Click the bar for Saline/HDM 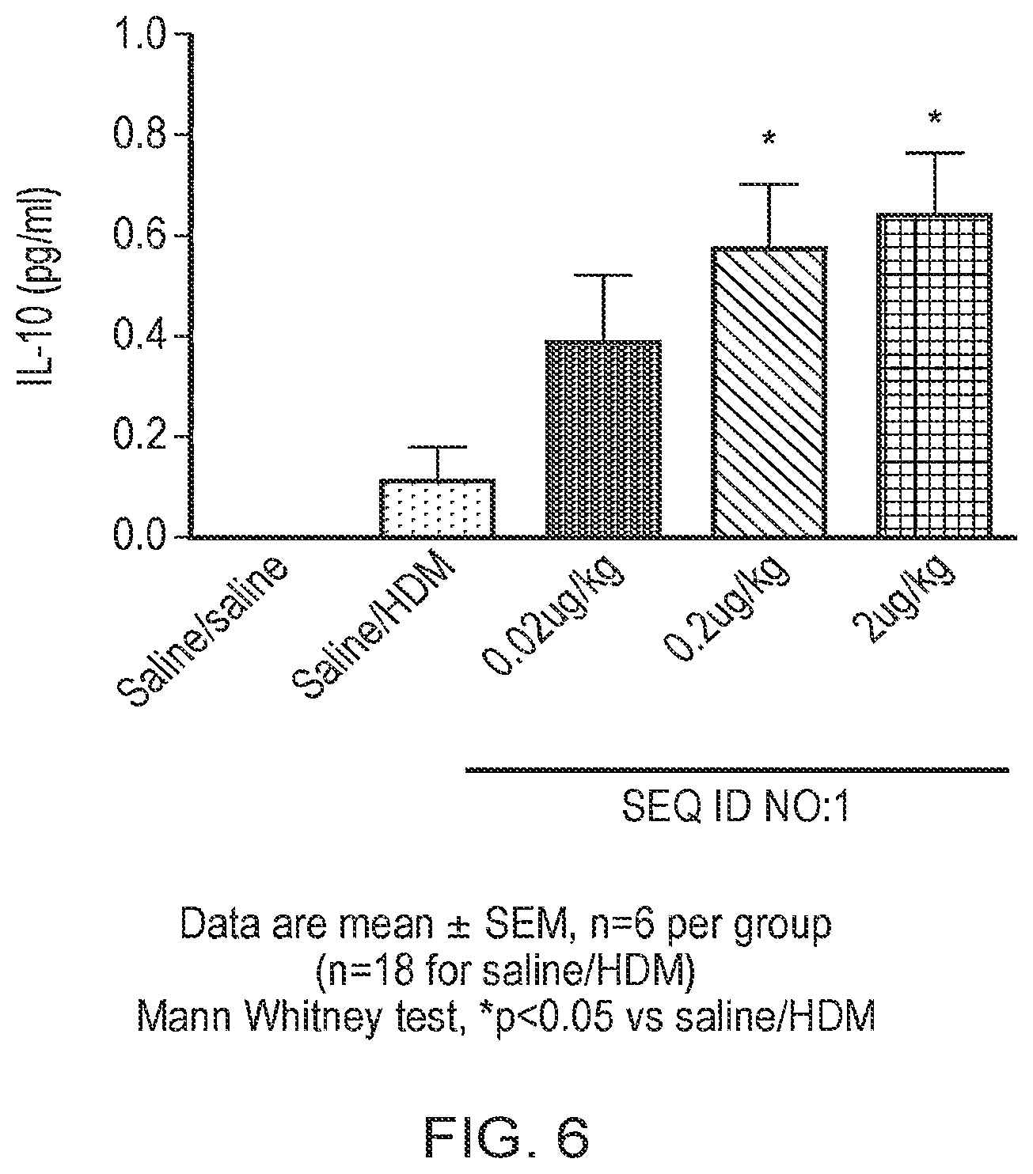(x=437, y=508)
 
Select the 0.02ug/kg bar (x=603, y=438)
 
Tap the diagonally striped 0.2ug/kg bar (x=769, y=392)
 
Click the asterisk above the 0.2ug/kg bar (x=769, y=138)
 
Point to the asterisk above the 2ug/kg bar (x=934, y=118)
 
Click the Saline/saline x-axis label (x=203, y=631)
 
